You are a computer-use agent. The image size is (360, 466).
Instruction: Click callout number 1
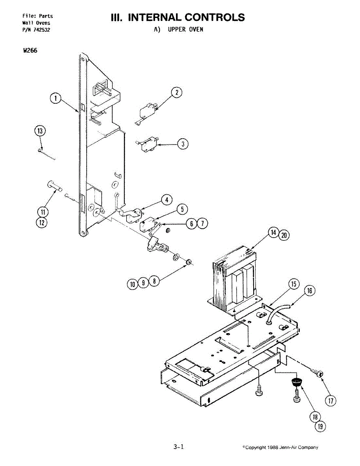point(56,99)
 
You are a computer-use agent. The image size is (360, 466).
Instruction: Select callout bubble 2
point(176,92)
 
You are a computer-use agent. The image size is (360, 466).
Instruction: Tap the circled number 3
point(183,144)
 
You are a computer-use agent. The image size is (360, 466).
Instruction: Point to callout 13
point(40,131)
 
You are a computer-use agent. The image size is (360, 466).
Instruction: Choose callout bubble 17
point(330,401)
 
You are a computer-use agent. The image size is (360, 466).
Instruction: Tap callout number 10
point(132,284)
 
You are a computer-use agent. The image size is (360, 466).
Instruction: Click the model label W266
point(30,50)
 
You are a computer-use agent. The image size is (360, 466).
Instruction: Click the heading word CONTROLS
point(214,17)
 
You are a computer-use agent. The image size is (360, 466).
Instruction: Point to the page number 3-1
point(179,447)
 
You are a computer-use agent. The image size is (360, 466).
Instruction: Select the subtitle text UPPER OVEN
point(185,30)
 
